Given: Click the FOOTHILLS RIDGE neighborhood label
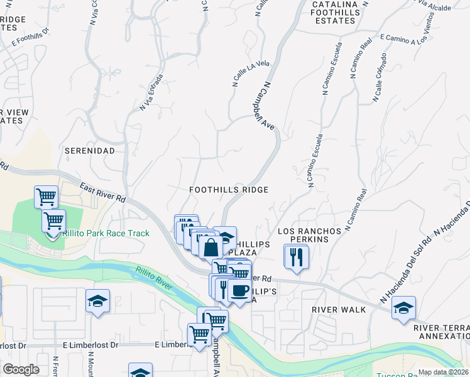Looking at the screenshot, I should pyautogui.click(x=229, y=190).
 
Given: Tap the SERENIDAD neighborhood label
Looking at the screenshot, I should pyautogui.click(x=90, y=151).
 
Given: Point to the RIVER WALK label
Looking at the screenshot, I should pyautogui.click(x=338, y=310).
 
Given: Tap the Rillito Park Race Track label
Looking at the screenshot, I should pyautogui.click(x=106, y=234).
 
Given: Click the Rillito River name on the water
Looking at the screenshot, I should pyautogui.click(x=153, y=277).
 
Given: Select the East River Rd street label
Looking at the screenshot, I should pyautogui.click(x=103, y=192).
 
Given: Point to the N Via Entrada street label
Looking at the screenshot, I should pyautogui.click(x=151, y=92).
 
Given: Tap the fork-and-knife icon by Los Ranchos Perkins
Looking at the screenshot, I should pyautogui.click(x=295, y=256).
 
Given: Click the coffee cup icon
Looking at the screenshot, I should pyautogui.click(x=239, y=290).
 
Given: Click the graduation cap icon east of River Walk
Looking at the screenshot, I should pyautogui.click(x=403, y=307).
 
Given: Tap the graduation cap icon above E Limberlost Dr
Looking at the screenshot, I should pyautogui.click(x=97, y=301).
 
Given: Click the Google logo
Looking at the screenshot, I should pyautogui.click(x=21, y=369).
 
